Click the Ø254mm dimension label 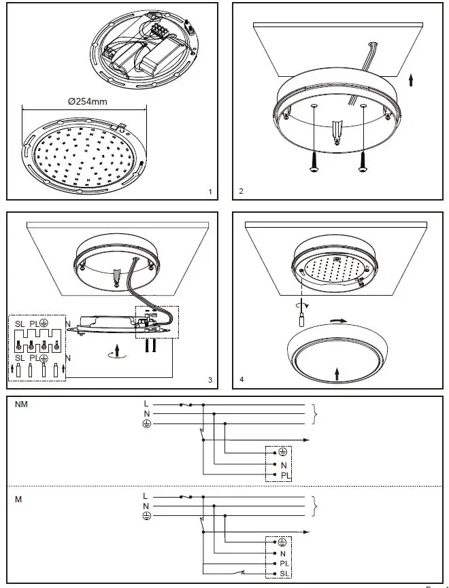pos(88,101)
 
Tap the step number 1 pos(210,192)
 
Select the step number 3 pos(210,381)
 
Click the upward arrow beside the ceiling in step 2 pos(410,82)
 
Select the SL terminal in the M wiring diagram pos(283,574)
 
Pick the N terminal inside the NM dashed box pos(282,464)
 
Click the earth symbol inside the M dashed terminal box pos(282,542)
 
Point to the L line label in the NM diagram pos(146,403)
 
